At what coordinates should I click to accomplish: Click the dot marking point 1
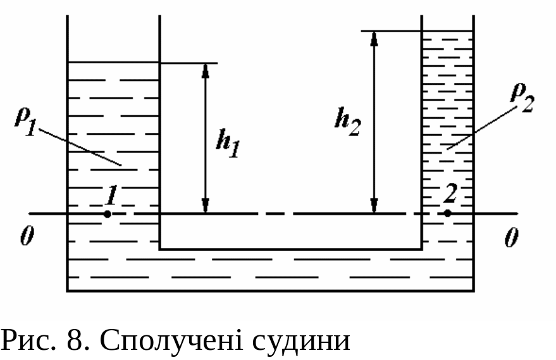point(108,214)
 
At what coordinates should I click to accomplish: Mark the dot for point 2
point(448,213)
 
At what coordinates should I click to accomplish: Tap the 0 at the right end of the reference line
point(512,237)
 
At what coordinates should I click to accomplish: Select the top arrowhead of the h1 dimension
point(205,70)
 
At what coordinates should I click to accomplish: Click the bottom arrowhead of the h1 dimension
point(205,206)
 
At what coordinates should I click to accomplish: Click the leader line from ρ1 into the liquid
point(79,146)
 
